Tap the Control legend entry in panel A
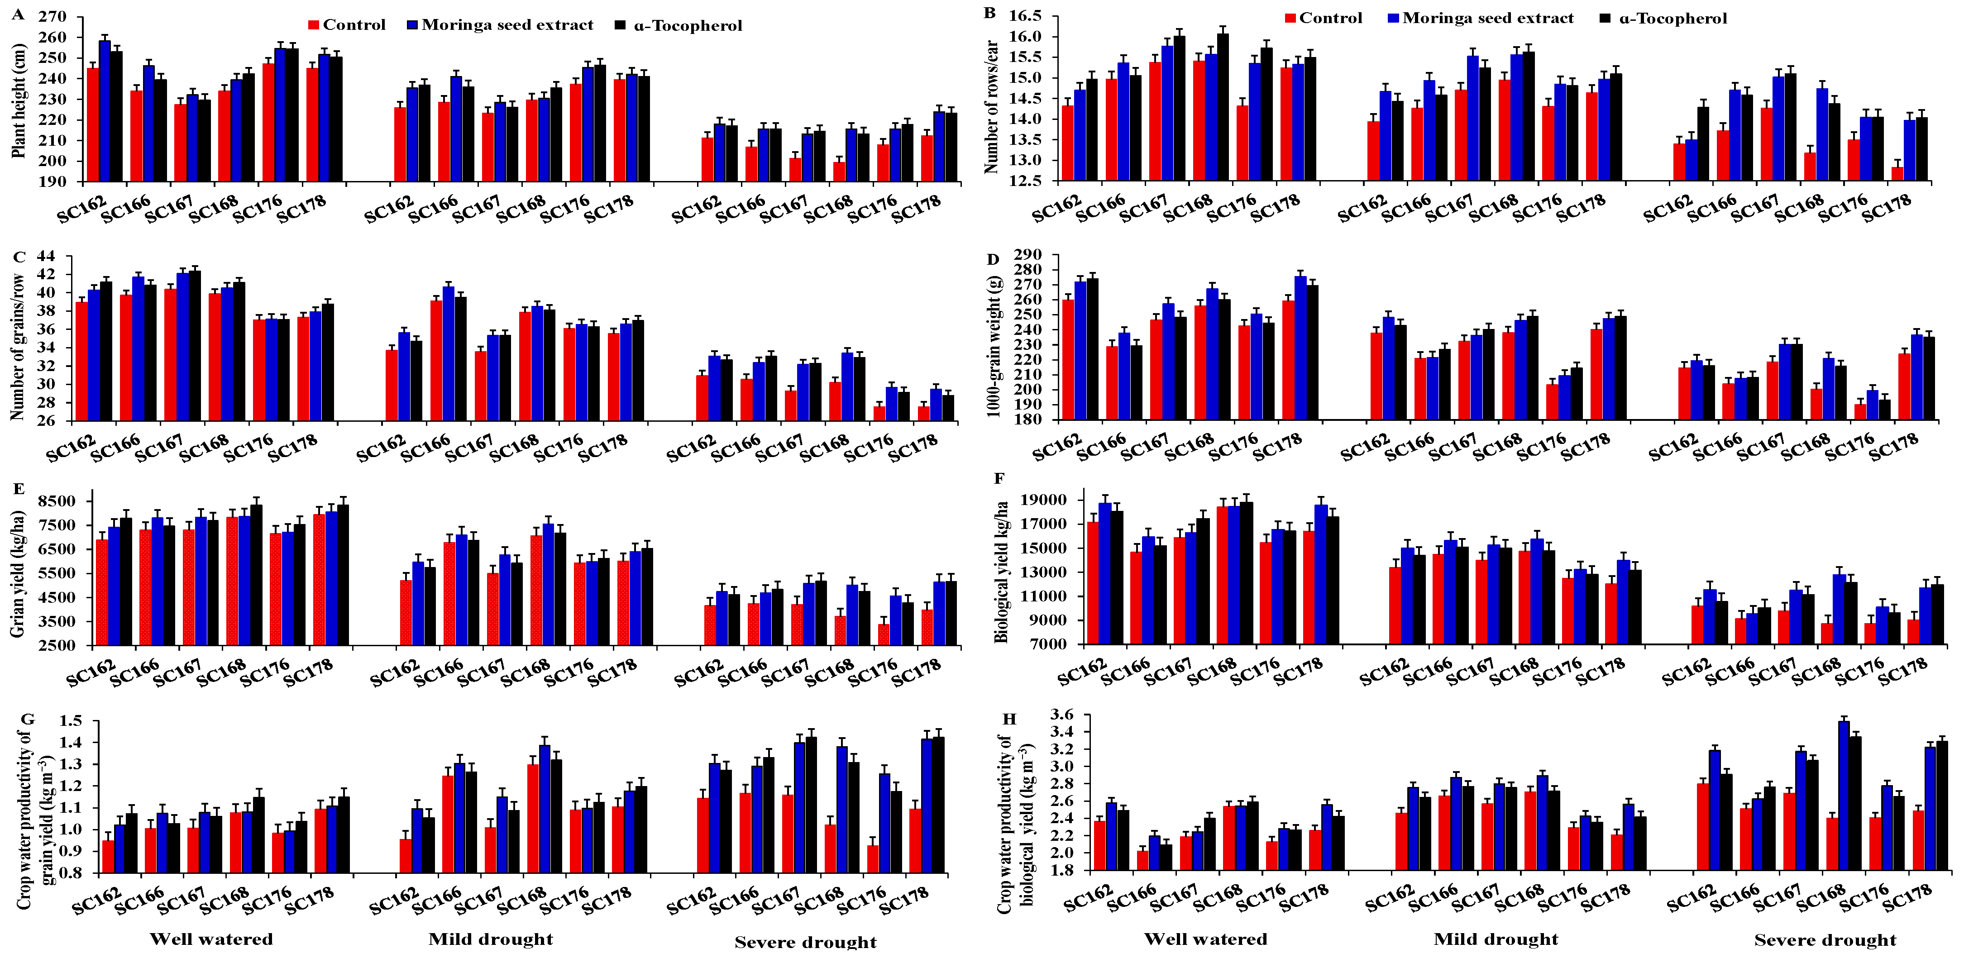(x=347, y=25)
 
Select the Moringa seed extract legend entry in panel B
(x=1480, y=18)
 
